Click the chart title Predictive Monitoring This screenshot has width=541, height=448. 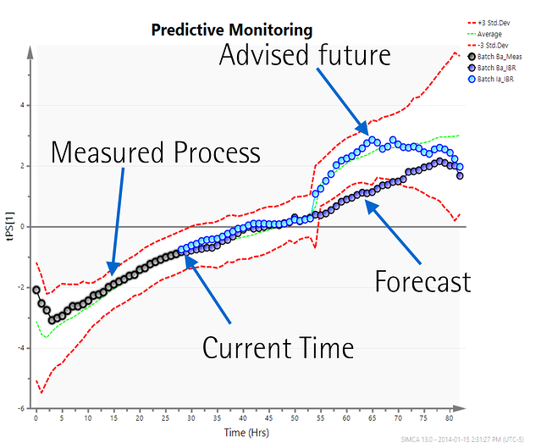coord(231,30)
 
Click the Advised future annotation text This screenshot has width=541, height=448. coord(306,56)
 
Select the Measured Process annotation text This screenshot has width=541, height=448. coord(156,152)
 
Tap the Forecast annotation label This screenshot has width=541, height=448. coord(422,281)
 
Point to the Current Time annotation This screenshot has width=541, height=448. coord(277,347)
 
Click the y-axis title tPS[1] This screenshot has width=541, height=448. coord(11,228)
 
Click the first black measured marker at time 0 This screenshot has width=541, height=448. coord(36,290)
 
